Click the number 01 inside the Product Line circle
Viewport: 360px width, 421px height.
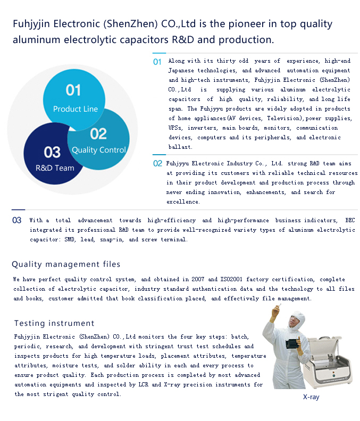[73, 90]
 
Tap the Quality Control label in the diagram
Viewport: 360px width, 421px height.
[98, 150]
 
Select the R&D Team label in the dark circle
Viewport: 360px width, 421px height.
[55, 168]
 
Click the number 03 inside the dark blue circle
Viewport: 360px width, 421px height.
[52, 152]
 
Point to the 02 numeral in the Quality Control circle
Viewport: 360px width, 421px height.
[98, 134]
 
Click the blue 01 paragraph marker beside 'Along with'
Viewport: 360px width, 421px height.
[157, 62]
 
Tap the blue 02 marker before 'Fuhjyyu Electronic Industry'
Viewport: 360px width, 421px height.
[157, 164]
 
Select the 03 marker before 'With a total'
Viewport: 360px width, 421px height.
[16, 220]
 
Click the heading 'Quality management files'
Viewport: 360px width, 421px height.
[66, 264]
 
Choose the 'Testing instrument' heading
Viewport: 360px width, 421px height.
[54, 323]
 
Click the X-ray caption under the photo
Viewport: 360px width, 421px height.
[311, 397]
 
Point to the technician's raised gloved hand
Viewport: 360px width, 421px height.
[275, 312]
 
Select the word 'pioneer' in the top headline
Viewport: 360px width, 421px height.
[244, 24]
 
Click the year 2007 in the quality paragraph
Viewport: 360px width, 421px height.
[198, 279]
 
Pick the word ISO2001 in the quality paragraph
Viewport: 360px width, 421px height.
[231, 279]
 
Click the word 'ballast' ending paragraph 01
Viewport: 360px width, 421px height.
[180, 147]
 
